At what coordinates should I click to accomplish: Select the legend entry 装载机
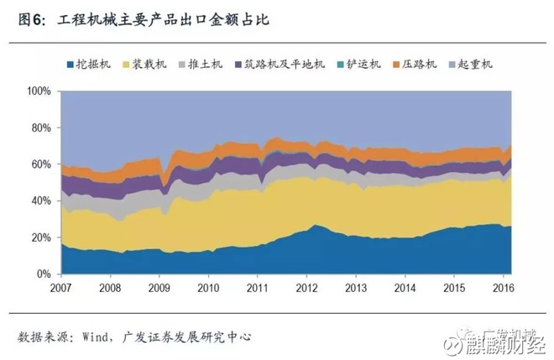tap(152, 64)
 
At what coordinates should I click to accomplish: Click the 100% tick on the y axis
tap(40, 91)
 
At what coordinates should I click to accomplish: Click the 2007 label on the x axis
tap(61, 289)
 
